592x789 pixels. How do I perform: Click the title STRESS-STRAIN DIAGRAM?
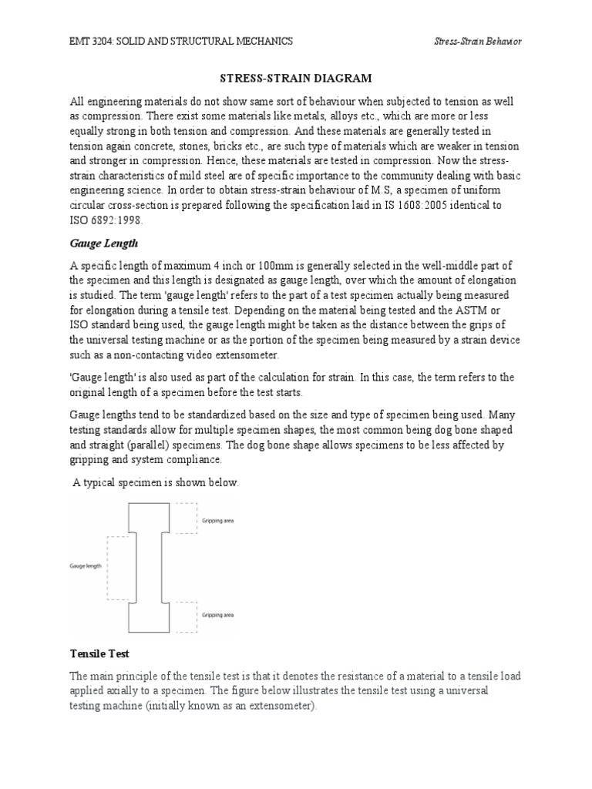click(296, 78)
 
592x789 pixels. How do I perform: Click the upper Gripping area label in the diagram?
click(218, 521)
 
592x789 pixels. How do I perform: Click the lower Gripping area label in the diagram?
click(218, 616)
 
